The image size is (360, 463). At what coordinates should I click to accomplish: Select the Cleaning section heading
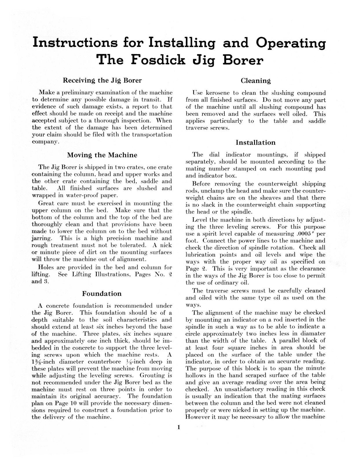tap(256, 81)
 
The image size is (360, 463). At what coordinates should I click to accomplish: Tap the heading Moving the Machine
tap(102, 155)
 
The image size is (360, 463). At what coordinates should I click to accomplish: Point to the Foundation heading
tap(102, 293)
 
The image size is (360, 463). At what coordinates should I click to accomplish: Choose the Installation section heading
tap(256, 142)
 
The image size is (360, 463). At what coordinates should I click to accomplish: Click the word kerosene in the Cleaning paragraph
tap(217, 93)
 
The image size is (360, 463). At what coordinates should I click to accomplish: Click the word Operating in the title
tap(291, 43)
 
